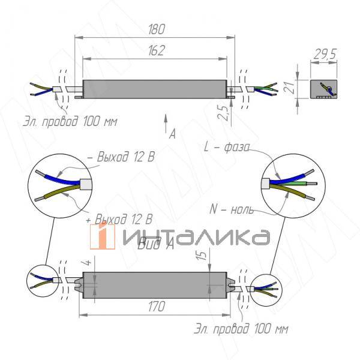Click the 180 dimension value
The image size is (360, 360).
[155, 29]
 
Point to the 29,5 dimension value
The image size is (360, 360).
[324, 54]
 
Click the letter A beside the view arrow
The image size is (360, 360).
[172, 134]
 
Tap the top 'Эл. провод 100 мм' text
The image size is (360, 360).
[71, 122]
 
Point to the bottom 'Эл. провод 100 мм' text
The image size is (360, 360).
[241, 329]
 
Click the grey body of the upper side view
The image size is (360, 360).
[155, 89]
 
